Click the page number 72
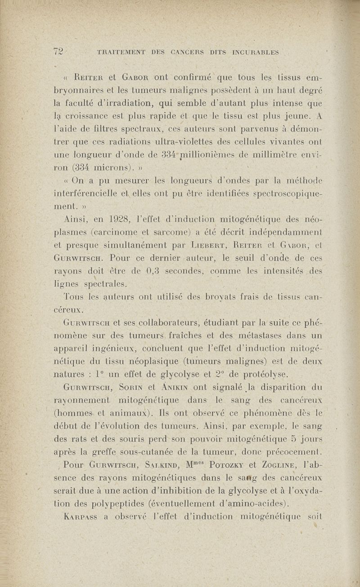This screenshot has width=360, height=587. pyautogui.click(x=58, y=52)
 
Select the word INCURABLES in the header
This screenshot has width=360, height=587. pyautogui.click(x=255, y=52)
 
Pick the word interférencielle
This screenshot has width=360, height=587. pyautogui.click(x=86, y=194)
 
